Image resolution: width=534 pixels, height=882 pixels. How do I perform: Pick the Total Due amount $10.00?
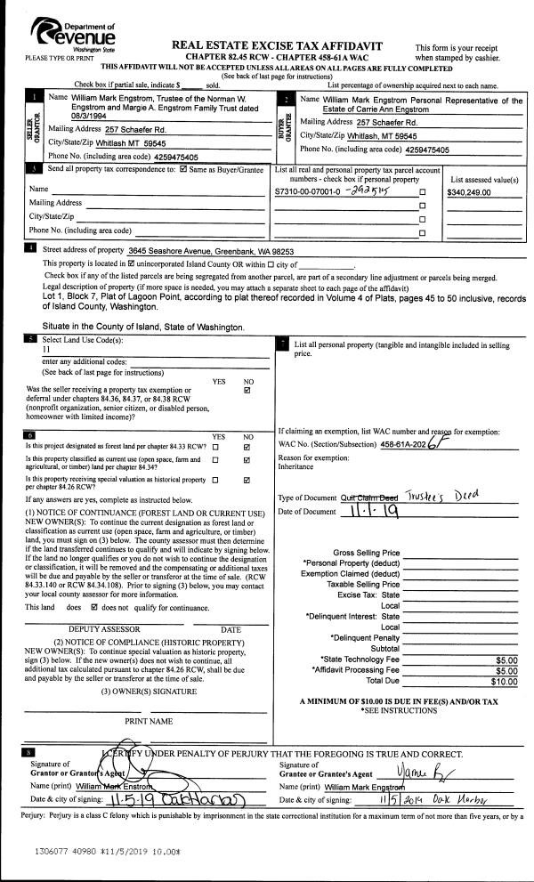503,682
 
